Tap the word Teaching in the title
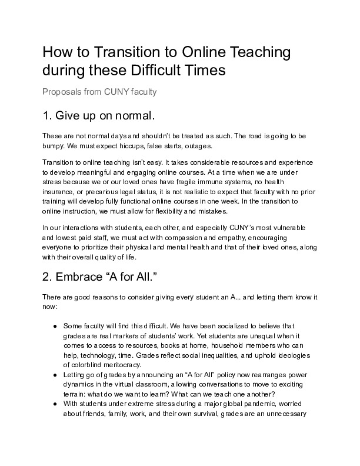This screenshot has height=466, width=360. [x=258, y=52]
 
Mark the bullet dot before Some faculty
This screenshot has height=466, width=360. [x=55, y=325]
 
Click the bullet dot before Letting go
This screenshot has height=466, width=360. [x=55, y=375]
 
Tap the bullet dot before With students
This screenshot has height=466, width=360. [x=55, y=404]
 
